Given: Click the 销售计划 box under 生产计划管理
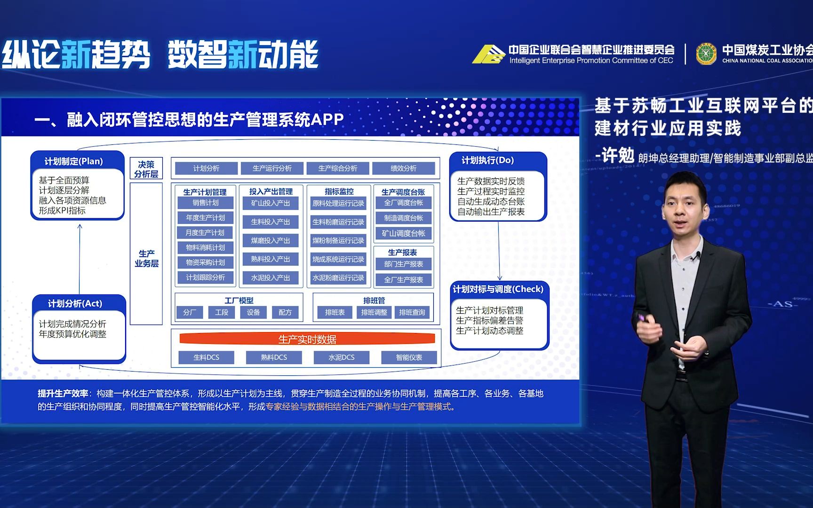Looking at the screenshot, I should [206, 203].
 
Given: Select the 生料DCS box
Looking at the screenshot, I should [206, 357].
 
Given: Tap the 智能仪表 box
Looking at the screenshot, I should [409, 357].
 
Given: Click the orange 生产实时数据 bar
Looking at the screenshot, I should [307, 339].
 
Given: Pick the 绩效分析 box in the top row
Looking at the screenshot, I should [403, 168].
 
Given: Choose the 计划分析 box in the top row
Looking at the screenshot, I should [206, 168].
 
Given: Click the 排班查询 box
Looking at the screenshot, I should [412, 312].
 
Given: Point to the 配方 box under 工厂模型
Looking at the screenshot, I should [285, 312].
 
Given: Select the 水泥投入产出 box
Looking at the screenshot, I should [271, 278].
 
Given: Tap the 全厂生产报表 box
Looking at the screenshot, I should [403, 280].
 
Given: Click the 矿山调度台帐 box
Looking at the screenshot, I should [403, 233].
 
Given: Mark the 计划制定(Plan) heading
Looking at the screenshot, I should [74, 161].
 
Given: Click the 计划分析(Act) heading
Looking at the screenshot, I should [75, 304].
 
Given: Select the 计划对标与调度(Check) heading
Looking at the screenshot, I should [498, 289].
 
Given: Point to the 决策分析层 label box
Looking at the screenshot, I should [146, 169].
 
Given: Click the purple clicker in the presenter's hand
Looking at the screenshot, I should [641, 318].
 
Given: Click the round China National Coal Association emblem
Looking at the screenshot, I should [706, 54].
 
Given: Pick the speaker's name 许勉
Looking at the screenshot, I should [618, 155].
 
